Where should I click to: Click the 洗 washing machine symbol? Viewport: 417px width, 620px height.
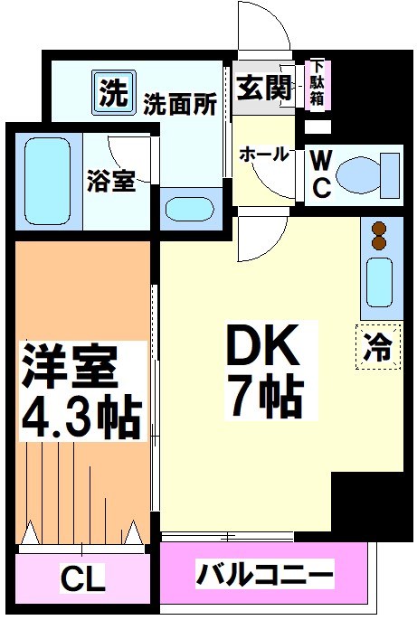click(x=111, y=92)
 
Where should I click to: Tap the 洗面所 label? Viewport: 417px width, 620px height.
click(x=179, y=104)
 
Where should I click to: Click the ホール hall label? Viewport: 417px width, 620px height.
click(x=263, y=155)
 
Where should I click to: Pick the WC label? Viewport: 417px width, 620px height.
click(x=321, y=174)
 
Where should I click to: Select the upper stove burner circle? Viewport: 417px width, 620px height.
click(x=377, y=229)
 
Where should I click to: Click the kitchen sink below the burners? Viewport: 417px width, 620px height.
click(x=379, y=282)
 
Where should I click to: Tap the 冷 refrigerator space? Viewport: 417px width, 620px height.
click(x=377, y=348)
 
